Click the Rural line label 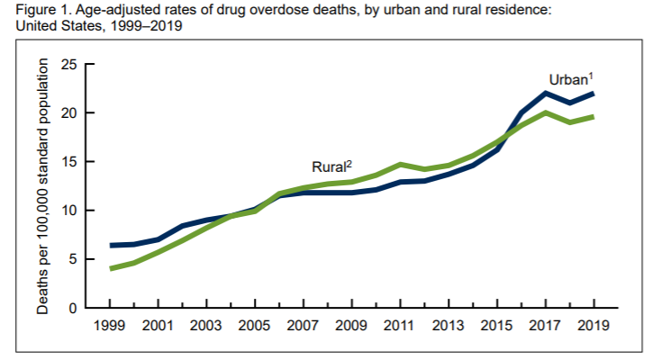pyautogui.click(x=331, y=166)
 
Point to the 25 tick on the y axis pyautogui.click(x=69, y=65)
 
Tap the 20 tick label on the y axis pyautogui.click(x=69, y=113)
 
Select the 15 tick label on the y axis pyautogui.click(x=69, y=162)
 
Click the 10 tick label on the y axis pyautogui.click(x=69, y=211)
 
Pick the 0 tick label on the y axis pyautogui.click(x=74, y=308)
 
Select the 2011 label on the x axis pyautogui.click(x=399, y=327)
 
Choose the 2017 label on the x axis pyautogui.click(x=544, y=327)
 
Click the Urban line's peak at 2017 pyautogui.click(x=544, y=93)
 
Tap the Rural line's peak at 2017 pyautogui.click(x=544, y=112)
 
